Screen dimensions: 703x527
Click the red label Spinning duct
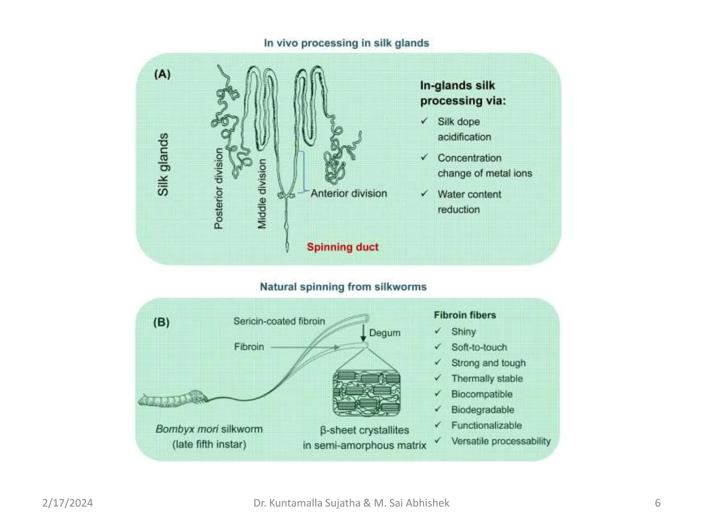(343, 247)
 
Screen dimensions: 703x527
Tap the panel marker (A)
(162, 74)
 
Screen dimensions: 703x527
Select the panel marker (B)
(161, 322)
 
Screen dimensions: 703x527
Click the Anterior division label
(349, 194)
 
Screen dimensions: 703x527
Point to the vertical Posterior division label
(219, 188)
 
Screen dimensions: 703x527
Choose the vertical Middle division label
(262, 194)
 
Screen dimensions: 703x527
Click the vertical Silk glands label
(163, 165)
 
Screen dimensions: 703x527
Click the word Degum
(385, 333)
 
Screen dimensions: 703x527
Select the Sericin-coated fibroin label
(279, 321)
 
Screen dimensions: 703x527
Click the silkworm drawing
(173, 399)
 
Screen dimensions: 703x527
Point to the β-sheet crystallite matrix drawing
(367, 393)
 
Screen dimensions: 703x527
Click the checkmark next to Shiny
(438, 331)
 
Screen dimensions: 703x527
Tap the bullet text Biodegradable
(483, 410)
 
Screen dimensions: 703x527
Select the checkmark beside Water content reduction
(425, 194)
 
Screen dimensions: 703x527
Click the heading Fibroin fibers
(465, 315)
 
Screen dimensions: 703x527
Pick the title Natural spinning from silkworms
(343, 287)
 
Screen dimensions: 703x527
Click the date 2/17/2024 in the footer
(68, 503)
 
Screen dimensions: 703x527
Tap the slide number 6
(657, 503)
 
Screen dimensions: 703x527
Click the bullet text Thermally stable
(487, 378)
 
